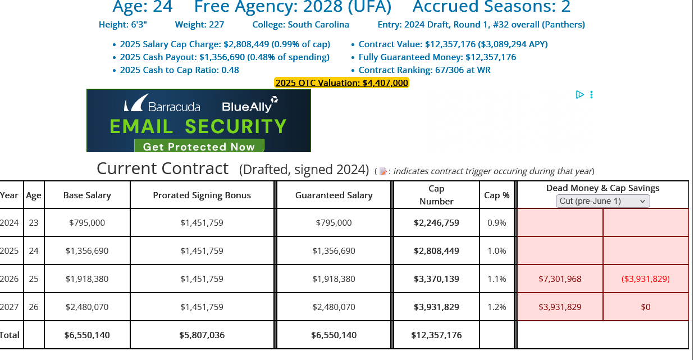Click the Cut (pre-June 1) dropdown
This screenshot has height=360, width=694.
(x=602, y=201)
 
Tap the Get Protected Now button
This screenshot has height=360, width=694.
(x=199, y=147)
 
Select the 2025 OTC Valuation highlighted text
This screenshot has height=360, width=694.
(x=341, y=83)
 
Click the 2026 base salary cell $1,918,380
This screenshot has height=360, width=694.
(x=87, y=279)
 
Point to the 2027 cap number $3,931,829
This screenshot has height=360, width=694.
(x=436, y=307)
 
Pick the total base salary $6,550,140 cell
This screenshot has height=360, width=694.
(x=87, y=335)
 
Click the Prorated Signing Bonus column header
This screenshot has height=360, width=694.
(x=202, y=195)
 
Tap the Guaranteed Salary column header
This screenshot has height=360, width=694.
(x=334, y=195)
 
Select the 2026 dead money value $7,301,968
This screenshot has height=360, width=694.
(x=560, y=279)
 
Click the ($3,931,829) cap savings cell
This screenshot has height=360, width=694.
(x=646, y=279)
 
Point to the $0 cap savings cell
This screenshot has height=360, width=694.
(x=646, y=307)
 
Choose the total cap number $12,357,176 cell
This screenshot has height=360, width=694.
(x=436, y=335)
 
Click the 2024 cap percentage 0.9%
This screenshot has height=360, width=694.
(x=497, y=222)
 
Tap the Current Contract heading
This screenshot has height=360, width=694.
(x=163, y=168)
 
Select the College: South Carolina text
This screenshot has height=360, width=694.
(x=300, y=25)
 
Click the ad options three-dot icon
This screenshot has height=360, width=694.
(x=591, y=95)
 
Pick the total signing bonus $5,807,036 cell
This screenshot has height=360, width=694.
(x=202, y=335)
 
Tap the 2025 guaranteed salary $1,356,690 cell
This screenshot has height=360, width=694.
(x=334, y=250)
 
